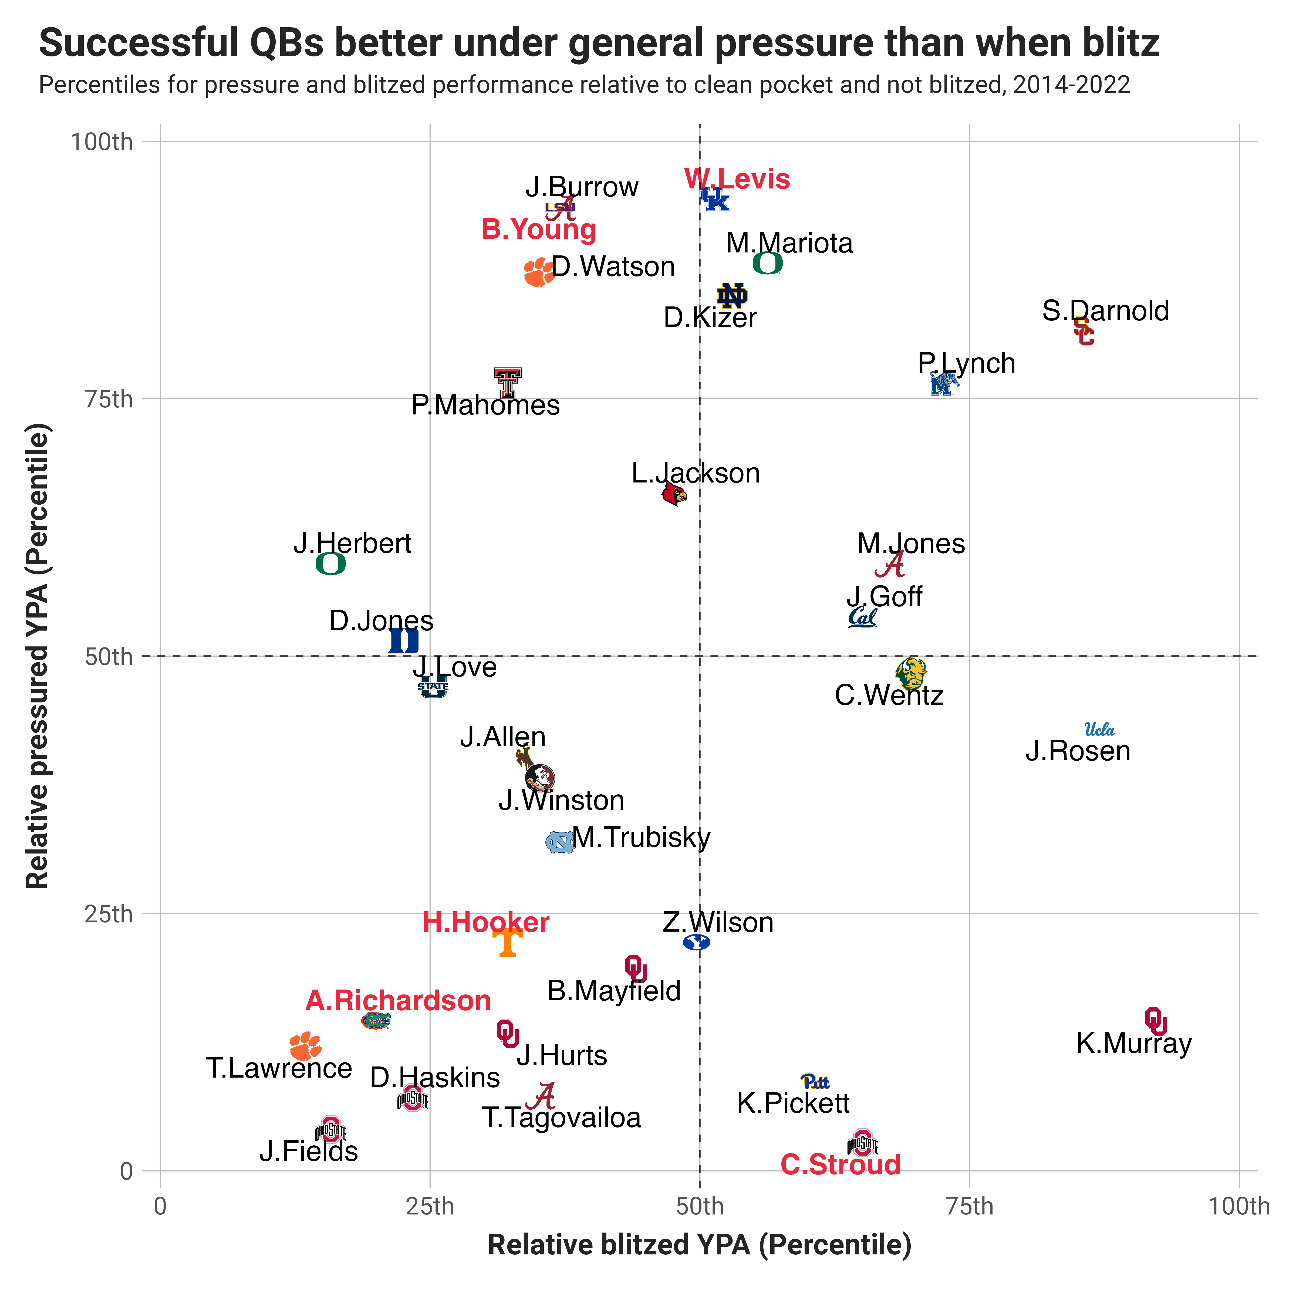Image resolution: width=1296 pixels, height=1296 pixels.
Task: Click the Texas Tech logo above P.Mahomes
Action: point(507,382)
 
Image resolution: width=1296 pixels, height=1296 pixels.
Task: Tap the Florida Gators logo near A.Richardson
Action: point(376,1020)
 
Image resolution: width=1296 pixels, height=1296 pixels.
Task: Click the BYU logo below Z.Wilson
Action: point(696,943)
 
